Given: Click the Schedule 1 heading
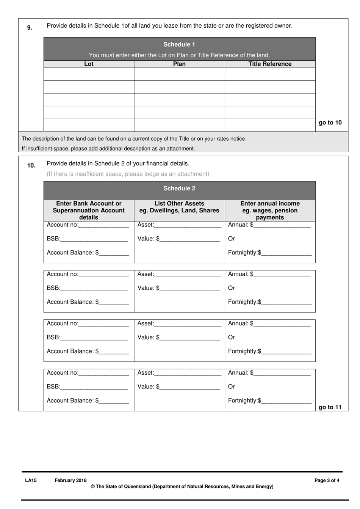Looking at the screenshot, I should tap(179, 44).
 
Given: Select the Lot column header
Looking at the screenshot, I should tap(89, 64).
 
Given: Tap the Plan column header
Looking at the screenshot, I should tap(179, 64).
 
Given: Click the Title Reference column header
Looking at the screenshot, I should tap(270, 64).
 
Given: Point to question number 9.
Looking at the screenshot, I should tap(30, 27).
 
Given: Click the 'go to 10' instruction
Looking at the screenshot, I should tap(330, 123).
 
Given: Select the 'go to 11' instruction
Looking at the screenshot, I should tap(330, 407).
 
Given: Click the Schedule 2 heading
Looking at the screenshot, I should tap(179, 189).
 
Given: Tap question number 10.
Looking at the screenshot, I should tap(31, 165).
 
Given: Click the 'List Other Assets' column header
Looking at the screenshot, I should tap(179, 207).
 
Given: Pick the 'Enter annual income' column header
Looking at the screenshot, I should tap(270, 211).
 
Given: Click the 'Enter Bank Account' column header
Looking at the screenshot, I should tap(89, 211).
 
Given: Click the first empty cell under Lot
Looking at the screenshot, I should tap(89, 74).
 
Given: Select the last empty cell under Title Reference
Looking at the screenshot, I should tap(270, 125).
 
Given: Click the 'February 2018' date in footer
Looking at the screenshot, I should tap(70, 480).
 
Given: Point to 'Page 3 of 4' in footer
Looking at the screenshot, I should tap(327, 480).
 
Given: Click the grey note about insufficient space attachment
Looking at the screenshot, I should tap(128, 174).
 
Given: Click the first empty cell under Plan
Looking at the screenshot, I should tap(179, 74).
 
